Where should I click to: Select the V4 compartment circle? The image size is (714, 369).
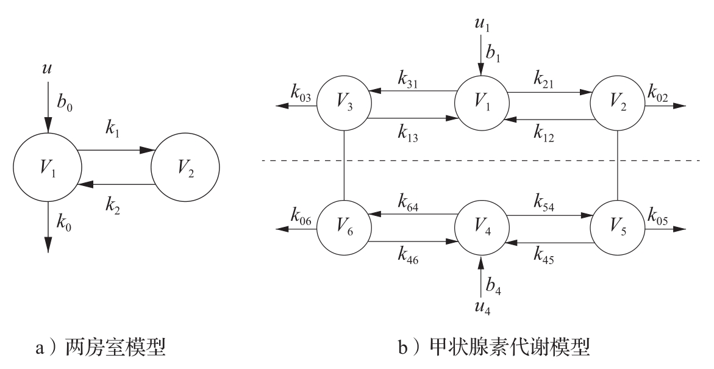tap(481, 230)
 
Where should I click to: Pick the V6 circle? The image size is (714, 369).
tap(344, 230)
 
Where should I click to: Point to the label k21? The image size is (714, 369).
tap(544, 79)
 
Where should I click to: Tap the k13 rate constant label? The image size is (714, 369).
tap(409, 132)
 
